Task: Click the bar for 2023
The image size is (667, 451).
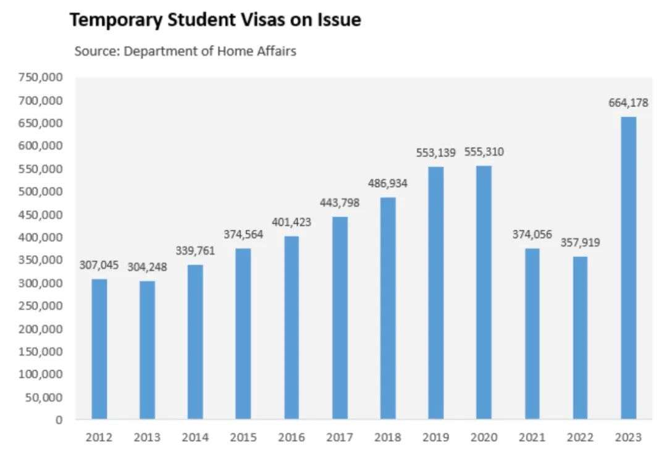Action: [x=628, y=268]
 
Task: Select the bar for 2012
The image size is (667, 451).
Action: [x=99, y=349]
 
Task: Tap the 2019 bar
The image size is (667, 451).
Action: [x=435, y=293]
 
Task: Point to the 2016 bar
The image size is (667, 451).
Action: [x=292, y=327]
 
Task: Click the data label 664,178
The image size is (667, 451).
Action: [x=628, y=103]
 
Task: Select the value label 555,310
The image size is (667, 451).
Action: [x=484, y=152]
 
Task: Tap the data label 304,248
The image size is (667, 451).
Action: [x=147, y=268]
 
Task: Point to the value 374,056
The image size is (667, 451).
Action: [x=532, y=235]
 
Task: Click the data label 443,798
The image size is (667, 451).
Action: [x=340, y=203]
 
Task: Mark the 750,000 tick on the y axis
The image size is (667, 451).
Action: [x=41, y=77]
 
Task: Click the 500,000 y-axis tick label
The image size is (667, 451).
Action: [x=41, y=192]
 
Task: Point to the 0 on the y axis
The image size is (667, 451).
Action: [x=59, y=420]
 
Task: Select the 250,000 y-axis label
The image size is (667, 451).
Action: [x=41, y=306]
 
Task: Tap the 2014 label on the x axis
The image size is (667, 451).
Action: [x=195, y=437]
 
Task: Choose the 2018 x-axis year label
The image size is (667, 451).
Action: [x=388, y=437]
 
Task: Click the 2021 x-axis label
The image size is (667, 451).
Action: [x=532, y=437]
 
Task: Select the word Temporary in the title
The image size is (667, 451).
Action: [x=115, y=20]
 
